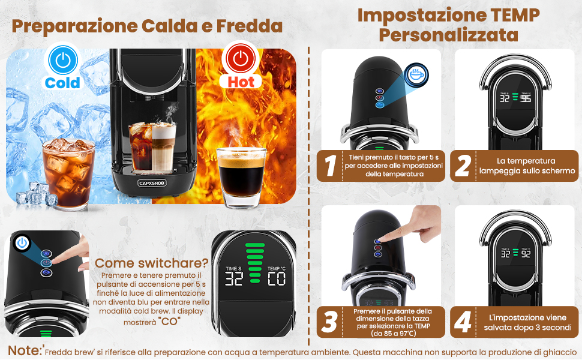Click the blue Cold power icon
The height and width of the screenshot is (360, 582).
[x=63, y=60]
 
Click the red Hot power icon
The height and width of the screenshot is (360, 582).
[x=241, y=58]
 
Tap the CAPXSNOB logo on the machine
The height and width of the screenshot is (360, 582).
[x=152, y=182]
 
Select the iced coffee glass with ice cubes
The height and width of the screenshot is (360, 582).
[x=68, y=173]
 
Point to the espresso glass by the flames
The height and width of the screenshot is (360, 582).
[x=241, y=178]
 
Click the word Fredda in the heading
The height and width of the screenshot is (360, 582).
[x=250, y=26]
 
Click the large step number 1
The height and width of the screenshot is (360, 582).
[x=330, y=165]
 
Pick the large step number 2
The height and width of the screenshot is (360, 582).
[x=463, y=166]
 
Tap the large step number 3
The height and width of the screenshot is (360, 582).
[x=329, y=322]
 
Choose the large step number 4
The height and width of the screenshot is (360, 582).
[x=463, y=322]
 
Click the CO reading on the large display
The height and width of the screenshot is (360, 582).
[x=277, y=279]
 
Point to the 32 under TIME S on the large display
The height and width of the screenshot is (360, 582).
[x=234, y=279]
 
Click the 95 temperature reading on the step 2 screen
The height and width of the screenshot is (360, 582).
[x=526, y=98]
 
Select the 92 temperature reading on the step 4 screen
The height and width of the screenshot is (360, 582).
[x=526, y=254]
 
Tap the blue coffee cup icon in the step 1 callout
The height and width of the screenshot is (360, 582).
[x=416, y=74]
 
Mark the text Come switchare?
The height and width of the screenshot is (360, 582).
[x=151, y=263]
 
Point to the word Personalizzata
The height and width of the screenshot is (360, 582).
[x=448, y=35]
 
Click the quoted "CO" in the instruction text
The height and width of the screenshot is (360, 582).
[x=169, y=322]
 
